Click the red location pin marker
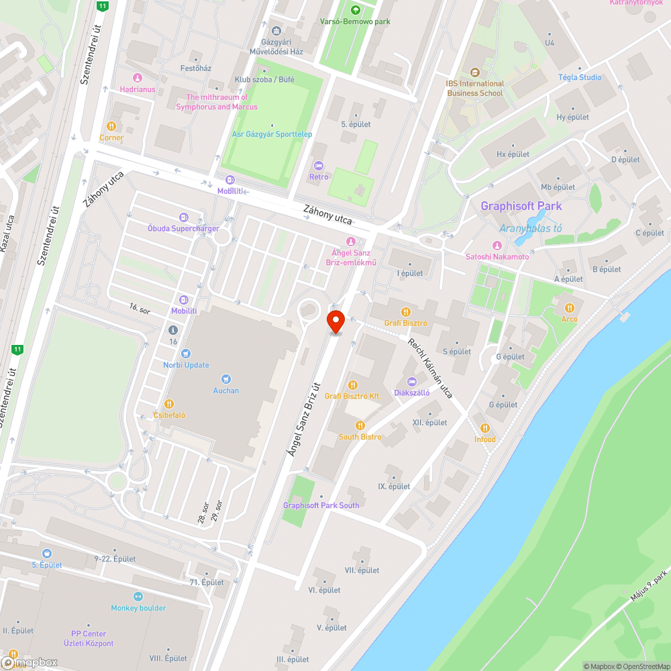point(335,321)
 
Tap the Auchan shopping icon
point(225,379)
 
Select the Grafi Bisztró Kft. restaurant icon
point(352,384)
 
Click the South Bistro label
point(360,437)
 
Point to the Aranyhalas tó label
point(531,228)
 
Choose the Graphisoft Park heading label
point(521,206)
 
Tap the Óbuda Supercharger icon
point(183,217)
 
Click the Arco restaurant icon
point(569,307)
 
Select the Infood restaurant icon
point(484,428)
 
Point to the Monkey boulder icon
point(138,597)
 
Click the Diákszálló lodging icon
point(412,381)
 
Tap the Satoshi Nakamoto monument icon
point(497,246)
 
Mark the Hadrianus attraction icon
point(138,78)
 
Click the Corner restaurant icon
point(111,126)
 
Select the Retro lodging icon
point(319,166)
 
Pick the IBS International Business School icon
point(475,72)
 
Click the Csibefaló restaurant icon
point(169,404)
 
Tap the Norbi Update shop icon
point(186,354)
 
